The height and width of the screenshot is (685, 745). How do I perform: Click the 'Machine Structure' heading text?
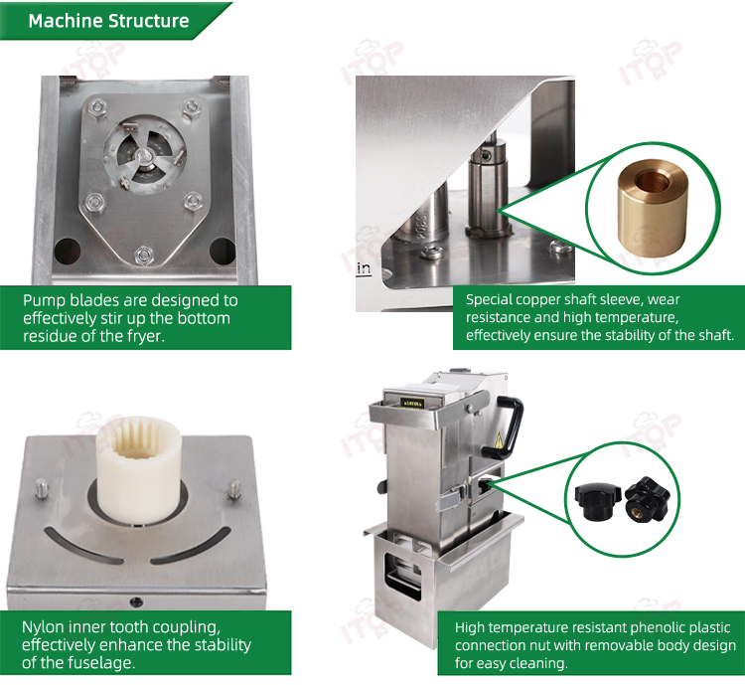tap(108, 21)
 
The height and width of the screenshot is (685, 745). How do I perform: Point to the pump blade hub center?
tap(143, 155)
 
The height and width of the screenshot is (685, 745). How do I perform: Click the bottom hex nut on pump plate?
tap(143, 256)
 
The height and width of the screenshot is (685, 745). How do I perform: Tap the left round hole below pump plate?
tap(67, 251)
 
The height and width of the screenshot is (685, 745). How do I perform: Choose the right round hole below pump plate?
tap(223, 251)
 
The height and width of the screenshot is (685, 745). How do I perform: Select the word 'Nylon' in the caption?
tap(43, 628)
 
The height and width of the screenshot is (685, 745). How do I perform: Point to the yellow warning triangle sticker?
tap(499, 440)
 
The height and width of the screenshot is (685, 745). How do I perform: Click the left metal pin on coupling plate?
tap(41, 489)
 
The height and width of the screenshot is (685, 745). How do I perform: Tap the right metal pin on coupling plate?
tap(233, 489)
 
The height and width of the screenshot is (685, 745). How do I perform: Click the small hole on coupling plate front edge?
tap(136, 602)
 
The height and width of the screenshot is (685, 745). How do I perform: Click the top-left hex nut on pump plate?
tap(97, 106)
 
